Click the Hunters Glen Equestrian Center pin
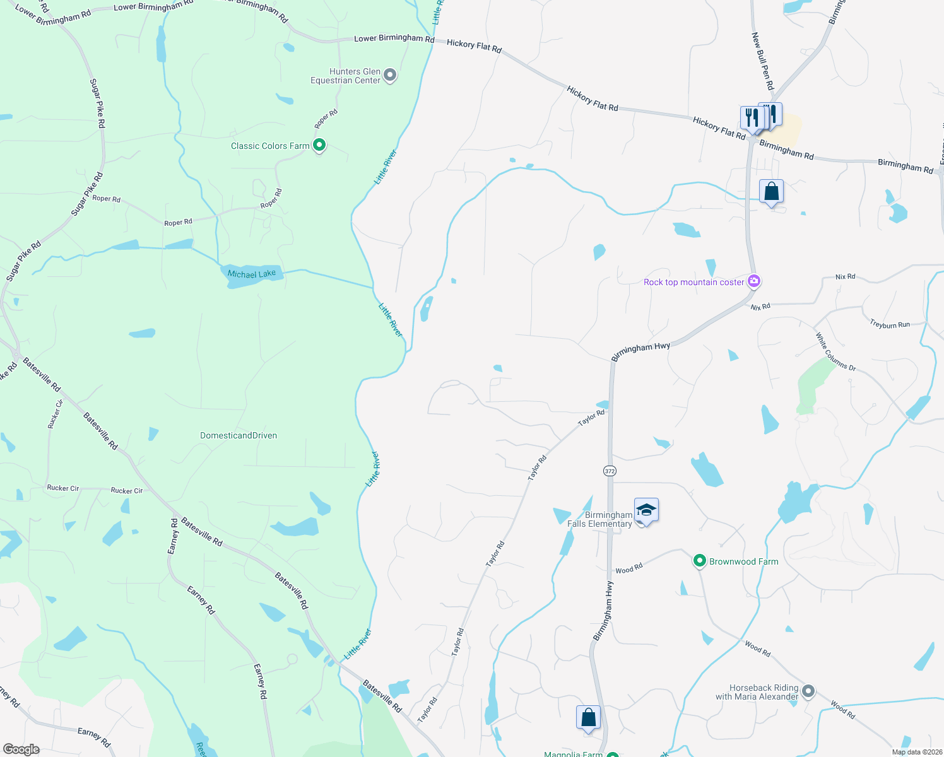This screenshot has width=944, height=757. (390, 76)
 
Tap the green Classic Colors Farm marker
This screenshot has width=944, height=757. (319, 146)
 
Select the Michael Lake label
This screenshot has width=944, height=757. (252, 274)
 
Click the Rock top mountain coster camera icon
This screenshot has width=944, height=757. (753, 281)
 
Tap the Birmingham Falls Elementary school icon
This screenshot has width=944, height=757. (646, 510)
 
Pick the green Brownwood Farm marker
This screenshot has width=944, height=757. (699, 561)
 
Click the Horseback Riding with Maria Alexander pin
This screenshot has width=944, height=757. (808, 692)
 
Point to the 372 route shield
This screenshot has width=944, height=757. (609, 471)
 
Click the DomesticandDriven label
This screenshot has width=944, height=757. (239, 435)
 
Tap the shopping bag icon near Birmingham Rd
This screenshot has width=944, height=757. (771, 192)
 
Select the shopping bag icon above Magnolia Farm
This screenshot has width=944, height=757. (588, 718)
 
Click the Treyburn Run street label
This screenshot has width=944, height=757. (890, 325)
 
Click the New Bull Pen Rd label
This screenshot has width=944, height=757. (762, 62)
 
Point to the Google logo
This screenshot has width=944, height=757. (21, 749)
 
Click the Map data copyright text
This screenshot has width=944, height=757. (914, 752)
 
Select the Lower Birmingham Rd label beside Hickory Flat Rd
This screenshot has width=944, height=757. (394, 38)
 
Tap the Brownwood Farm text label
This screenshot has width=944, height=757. (743, 561)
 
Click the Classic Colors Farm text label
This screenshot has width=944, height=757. (270, 146)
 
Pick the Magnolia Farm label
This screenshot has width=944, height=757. (573, 754)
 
